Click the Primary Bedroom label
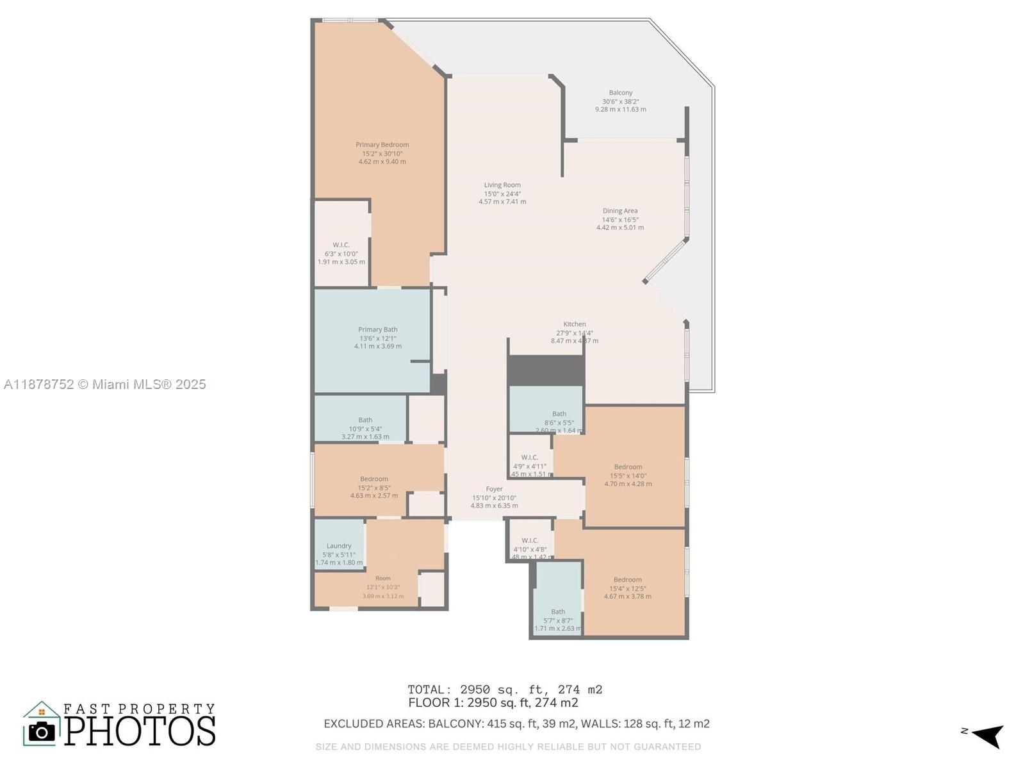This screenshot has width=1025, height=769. tap(382, 145)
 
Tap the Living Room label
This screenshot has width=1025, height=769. tap(502, 185)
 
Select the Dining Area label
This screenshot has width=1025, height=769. tap(619, 211)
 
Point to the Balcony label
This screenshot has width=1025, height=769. tap(620, 93)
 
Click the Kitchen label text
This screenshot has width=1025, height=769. tap(575, 324)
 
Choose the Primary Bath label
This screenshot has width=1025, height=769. tap(378, 329)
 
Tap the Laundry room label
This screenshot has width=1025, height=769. tap(339, 546)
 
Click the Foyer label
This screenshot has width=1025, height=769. tap(494, 489)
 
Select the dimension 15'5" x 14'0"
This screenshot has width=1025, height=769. tap(628, 476)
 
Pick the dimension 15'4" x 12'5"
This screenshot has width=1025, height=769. tap(628, 588)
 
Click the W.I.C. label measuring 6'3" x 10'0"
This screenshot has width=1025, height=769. tap(341, 245)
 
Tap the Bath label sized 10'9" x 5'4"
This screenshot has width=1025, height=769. tap(365, 420)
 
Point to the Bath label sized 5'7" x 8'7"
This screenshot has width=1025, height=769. tap(558, 612)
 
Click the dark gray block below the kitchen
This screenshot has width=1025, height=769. tap(546, 370)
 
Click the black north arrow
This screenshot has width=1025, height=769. tap(988, 736)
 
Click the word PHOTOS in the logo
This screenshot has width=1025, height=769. tap(140, 731)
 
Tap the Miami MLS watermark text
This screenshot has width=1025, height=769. tap(105, 384)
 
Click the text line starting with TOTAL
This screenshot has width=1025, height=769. tap(505, 690)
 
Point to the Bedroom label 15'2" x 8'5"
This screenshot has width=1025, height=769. tap(373, 479)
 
